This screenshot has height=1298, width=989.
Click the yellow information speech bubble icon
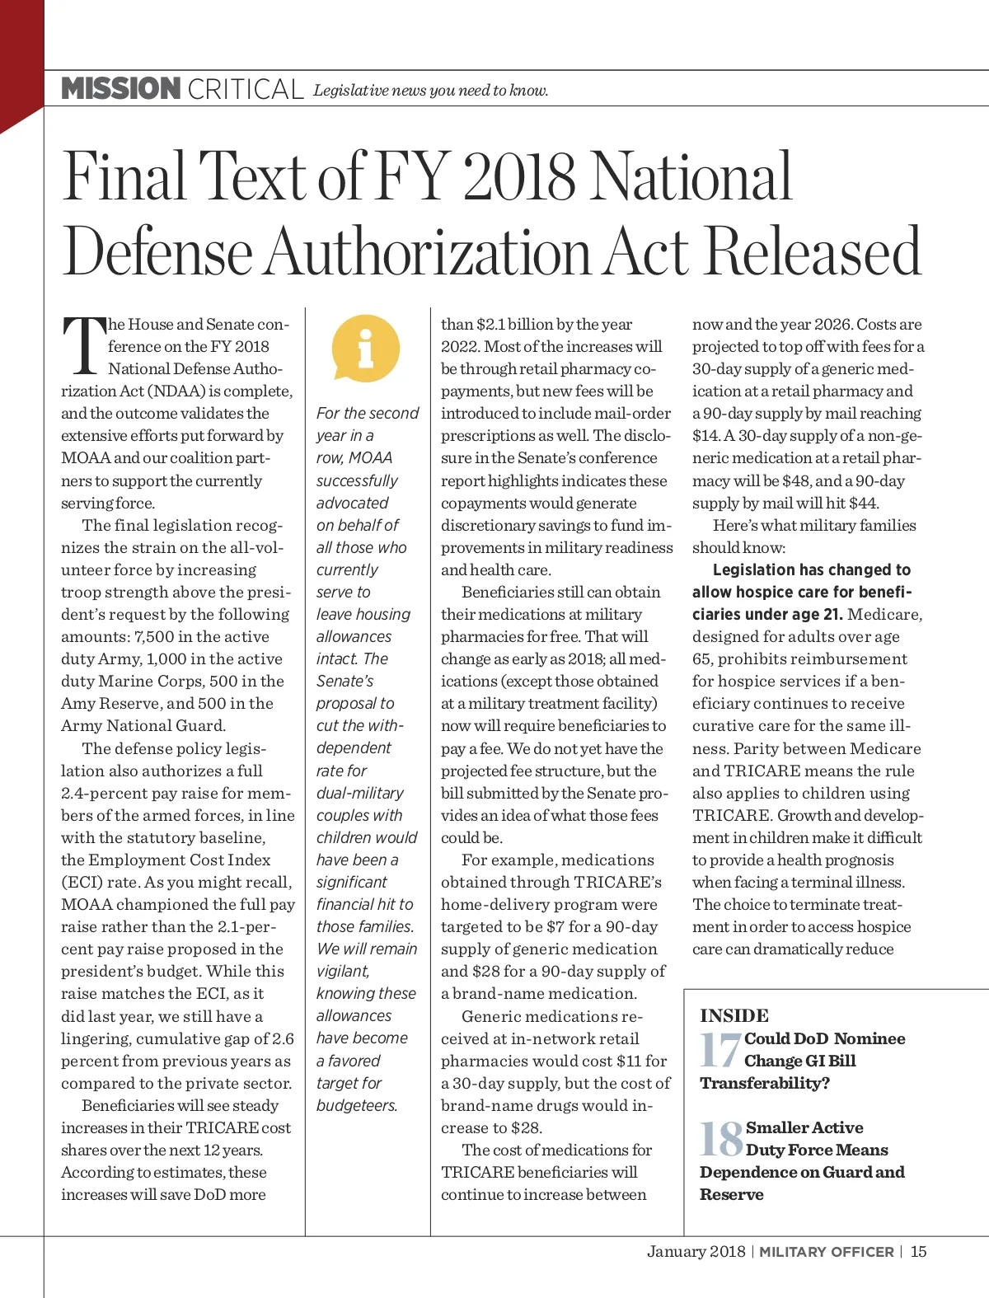[366, 349]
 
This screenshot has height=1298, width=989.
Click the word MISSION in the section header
[121, 89]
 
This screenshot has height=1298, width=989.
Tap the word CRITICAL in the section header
[246, 90]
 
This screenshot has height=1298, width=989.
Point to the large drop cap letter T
[84, 346]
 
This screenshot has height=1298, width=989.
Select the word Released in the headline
[813, 251]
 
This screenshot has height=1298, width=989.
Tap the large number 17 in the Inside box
[720, 1051]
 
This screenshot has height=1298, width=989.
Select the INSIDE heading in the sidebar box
[734, 1015]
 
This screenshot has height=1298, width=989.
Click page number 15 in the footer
[918, 1251]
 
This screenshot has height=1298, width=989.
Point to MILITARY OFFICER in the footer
[826, 1252]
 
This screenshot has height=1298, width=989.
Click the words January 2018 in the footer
[696, 1251]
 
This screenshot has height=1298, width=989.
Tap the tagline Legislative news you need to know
[430, 91]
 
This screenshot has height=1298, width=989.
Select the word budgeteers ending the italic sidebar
[357, 1106]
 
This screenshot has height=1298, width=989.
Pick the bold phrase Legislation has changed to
[811, 569]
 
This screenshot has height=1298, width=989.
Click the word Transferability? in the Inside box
[765, 1083]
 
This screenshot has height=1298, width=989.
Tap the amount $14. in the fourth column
[705, 436]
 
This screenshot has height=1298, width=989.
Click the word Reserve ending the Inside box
[732, 1195]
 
